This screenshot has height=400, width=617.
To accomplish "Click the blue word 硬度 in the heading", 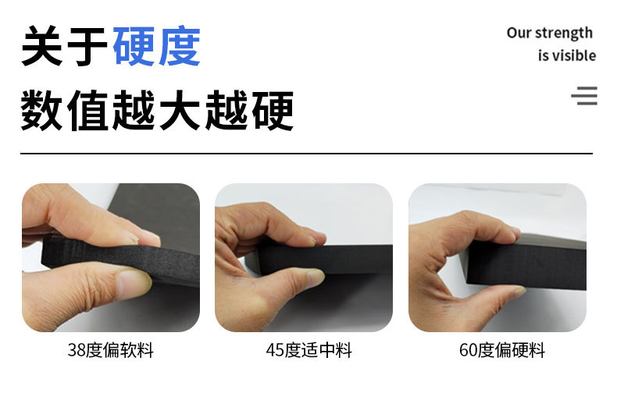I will click(156, 47).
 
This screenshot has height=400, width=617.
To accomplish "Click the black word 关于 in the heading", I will click(64, 47).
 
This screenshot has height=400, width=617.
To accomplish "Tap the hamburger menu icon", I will click(584, 96).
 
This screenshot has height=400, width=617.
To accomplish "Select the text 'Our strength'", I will click(549, 33).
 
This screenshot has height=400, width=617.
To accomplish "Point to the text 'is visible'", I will click(566, 55).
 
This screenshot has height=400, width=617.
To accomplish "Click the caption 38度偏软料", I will click(110, 350).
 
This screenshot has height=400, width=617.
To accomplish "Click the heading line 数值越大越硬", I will click(157, 110).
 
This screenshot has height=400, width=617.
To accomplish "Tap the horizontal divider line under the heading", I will click(306, 154).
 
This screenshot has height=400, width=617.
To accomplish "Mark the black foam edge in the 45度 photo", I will click(344, 260).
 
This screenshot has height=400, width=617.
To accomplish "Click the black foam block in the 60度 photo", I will click(539, 265).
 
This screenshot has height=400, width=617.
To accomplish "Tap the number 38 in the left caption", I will click(77, 350).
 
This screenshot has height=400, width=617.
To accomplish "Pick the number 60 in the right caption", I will click(468, 350).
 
